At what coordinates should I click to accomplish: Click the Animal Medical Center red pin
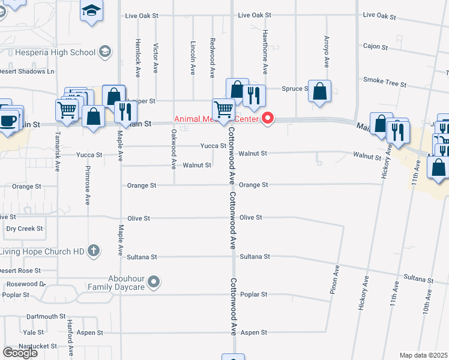[268, 119]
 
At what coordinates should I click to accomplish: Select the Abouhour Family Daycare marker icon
[154, 281]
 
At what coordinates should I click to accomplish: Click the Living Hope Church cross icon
[93, 251]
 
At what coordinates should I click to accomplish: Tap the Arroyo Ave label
[327, 50]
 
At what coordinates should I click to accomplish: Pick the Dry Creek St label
[25, 229]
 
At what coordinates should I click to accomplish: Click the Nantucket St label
[37, 346]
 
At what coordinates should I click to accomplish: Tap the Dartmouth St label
[46, 316]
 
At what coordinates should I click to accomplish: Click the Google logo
[20, 353]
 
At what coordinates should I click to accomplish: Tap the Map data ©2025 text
[423, 355]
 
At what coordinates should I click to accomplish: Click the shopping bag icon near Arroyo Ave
[320, 92]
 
